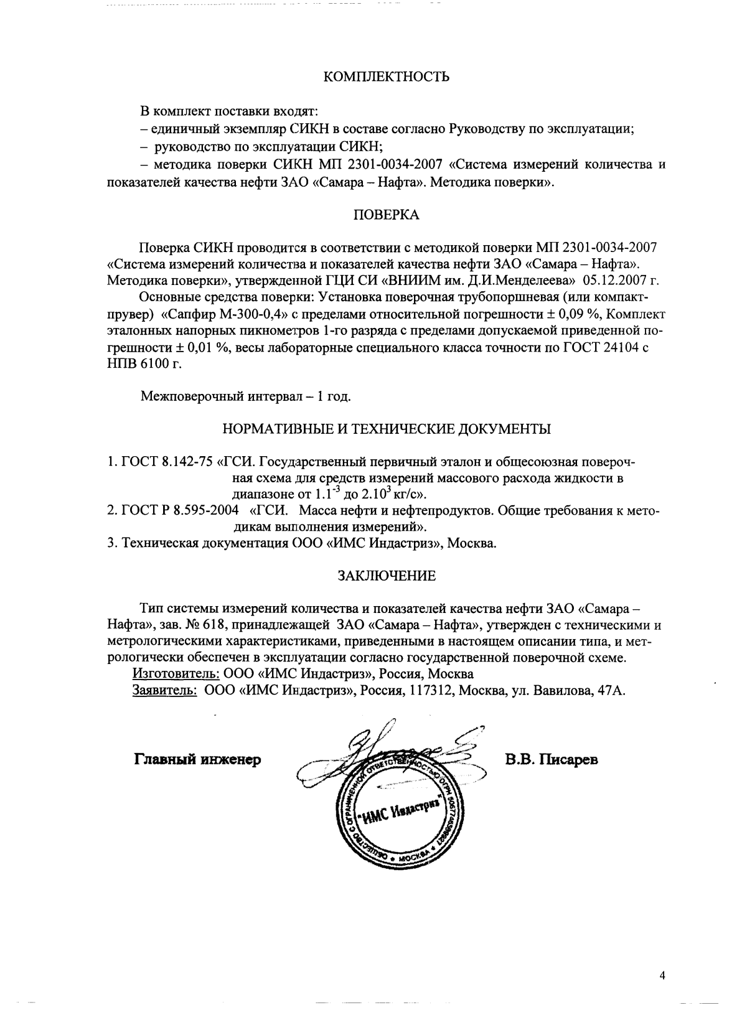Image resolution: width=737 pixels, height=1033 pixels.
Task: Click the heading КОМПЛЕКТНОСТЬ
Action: click(387, 77)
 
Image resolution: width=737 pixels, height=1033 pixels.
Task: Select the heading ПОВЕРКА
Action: click(386, 215)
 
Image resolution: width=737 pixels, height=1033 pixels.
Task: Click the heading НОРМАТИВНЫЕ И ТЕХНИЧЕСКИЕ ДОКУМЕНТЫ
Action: click(386, 429)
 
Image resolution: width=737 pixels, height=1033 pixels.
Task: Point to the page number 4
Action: click(662, 975)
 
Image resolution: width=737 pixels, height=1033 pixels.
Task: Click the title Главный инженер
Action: click(197, 759)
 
